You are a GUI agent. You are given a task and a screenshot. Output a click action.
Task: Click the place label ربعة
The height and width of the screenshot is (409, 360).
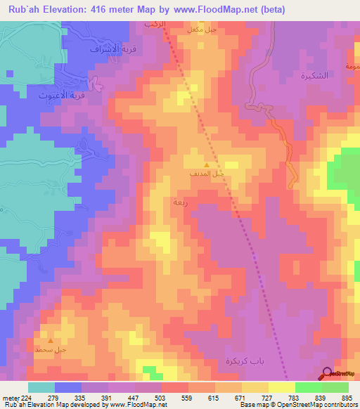(x=179, y=202)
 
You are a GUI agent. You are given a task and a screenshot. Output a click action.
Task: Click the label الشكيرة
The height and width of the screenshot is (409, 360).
(x=298, y=76)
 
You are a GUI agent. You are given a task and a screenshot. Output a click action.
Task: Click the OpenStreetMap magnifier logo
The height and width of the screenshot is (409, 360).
(x=327, y=373)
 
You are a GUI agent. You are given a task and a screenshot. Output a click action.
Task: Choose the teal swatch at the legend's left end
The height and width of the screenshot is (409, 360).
(x=41, y=387)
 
